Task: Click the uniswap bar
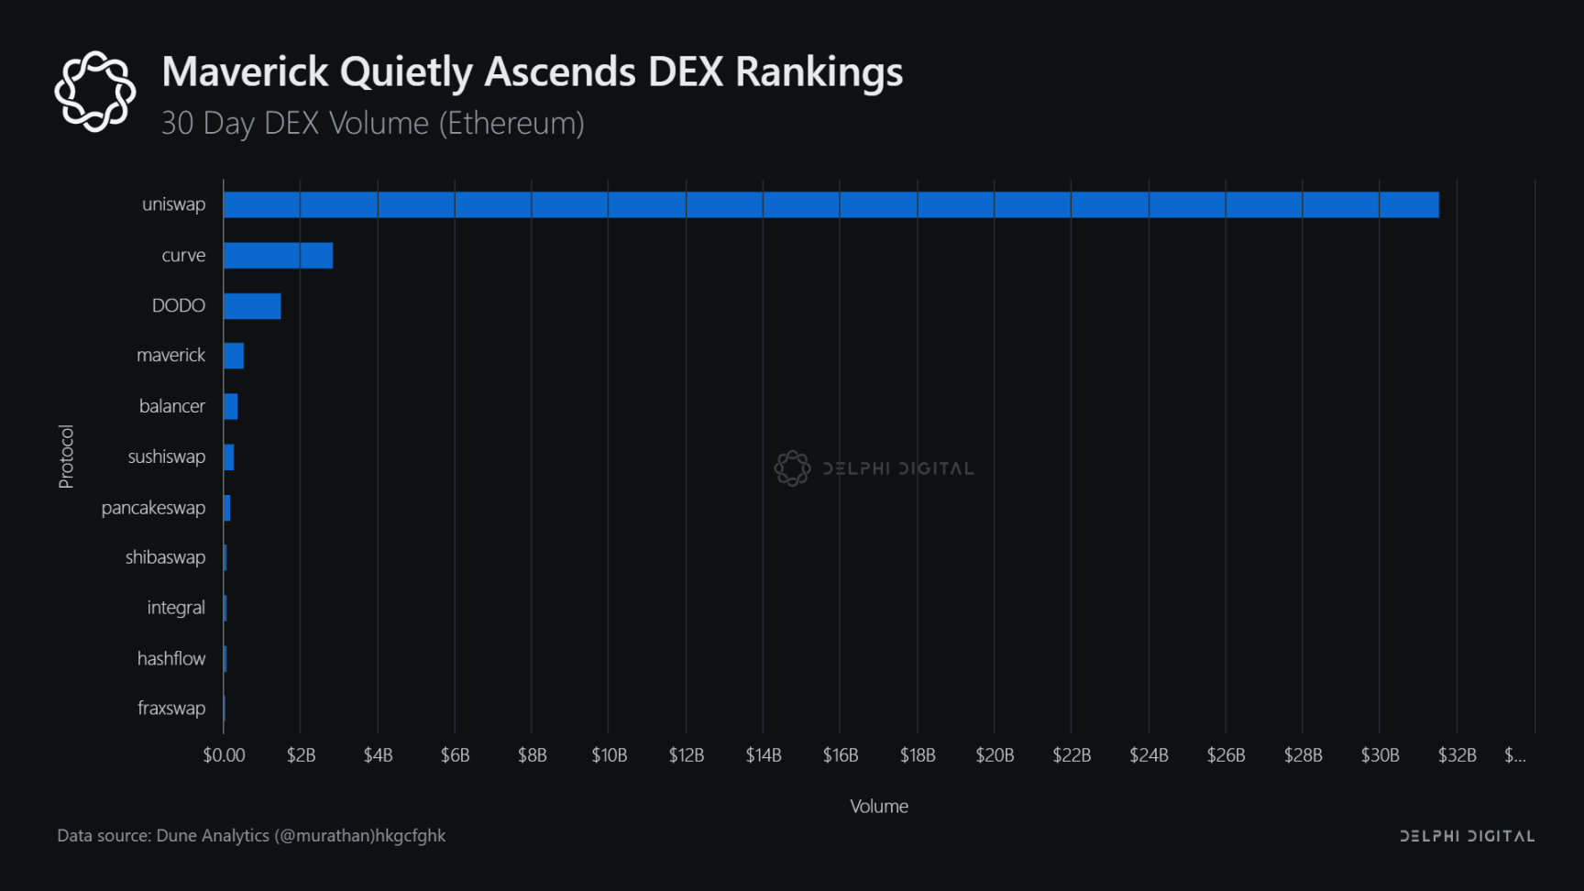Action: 830,204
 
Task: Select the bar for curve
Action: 278,256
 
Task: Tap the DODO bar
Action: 252,306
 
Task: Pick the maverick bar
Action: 234,356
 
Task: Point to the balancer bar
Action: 231,406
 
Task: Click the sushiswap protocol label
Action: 167,456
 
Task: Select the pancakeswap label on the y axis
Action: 153,508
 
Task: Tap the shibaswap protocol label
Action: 165,557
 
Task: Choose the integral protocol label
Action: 176,608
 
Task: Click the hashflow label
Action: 171,658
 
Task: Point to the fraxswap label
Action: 171,709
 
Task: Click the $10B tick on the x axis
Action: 610,755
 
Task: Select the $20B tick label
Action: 995,755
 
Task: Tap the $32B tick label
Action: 1457,755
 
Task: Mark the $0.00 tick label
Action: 224,755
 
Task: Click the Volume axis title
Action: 879,807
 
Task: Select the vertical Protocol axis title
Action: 66,456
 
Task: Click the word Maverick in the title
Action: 245,72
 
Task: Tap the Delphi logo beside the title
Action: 95,92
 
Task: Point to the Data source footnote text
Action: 251,836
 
